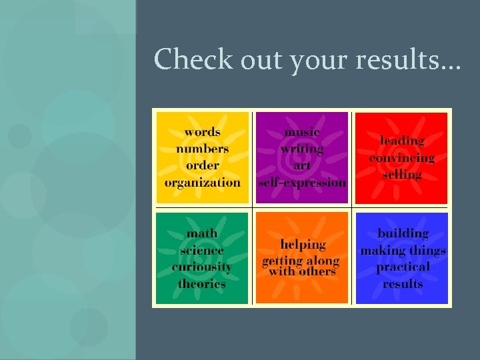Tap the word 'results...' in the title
pyautogui.click(x=408, y=59)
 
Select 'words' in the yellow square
pyautogui.click(x=202, y=132)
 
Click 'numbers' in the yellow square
pyautogui.click(x=202, y=149)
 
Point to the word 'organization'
pyautogui.click(x=202, y=182)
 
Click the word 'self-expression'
pyautogui.click(x=302, y=182)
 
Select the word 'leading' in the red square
pyautogui.click(x=402, y=141)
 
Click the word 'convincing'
pyautogui.click(x=402, y=158)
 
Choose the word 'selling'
pyautogui.click(x=402, y=175)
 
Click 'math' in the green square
pyautogui.click(x=202, y=233)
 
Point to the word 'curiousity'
pyautogui.click(x=202, y=267)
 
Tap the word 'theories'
pyautogui.click(x=202, y=283)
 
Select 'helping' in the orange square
pyautogui.click(x=302, y=245)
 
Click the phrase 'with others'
pyautogui.click(x=302, y=272)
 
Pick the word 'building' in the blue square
pyautogui.click(x=403, y=233)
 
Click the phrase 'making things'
pyautogui.click(x=403, y=251)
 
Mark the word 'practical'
pyautogui.click(x=403, y=267)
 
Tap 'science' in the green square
pyautogui.click(x=202, y=251)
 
